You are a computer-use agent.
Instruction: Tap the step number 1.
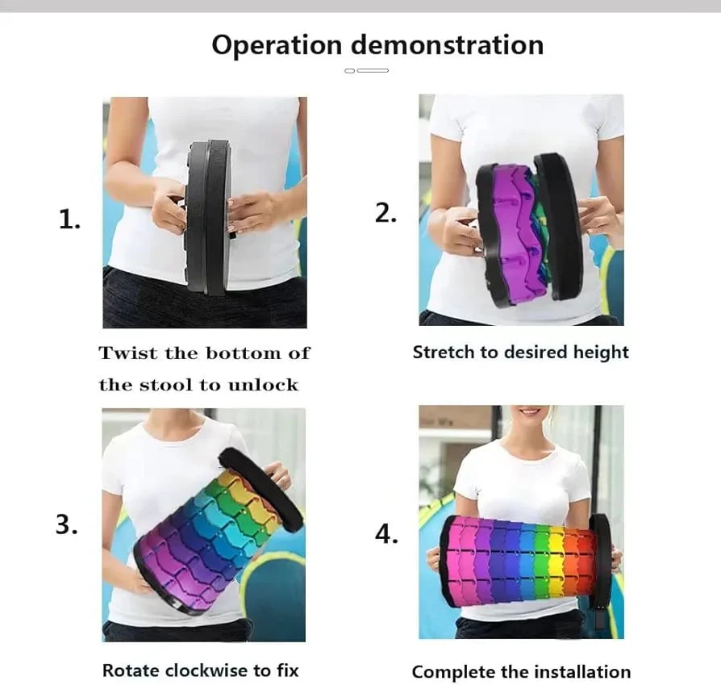[x=69, y=219]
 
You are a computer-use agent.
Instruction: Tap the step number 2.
[x=386, y=212]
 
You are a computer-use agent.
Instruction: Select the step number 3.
[x=67, y=524]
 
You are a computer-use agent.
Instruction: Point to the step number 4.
[x=386, y=533]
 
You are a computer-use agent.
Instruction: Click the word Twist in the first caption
[x=127, y=353]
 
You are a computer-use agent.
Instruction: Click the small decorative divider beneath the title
[x=366, y=71]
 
